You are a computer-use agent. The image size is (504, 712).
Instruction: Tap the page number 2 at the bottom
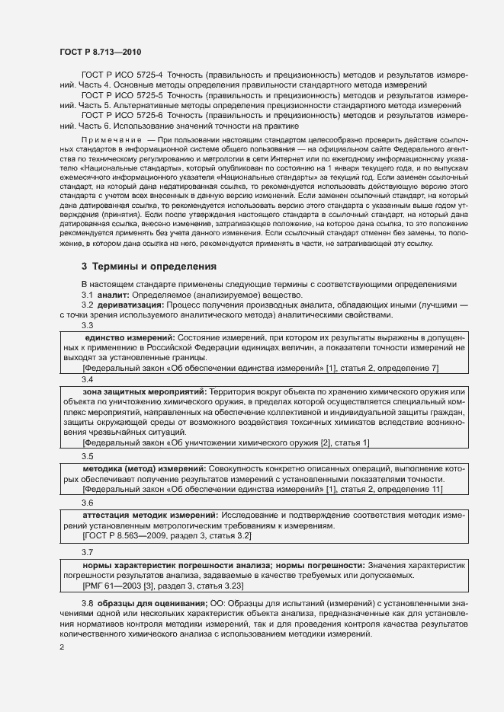point(61,647)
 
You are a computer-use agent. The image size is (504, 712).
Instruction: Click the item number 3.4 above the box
point(87,378)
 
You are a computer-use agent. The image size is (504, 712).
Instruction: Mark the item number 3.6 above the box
point(87,503)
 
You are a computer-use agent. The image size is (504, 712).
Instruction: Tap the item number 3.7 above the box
point(87,552)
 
